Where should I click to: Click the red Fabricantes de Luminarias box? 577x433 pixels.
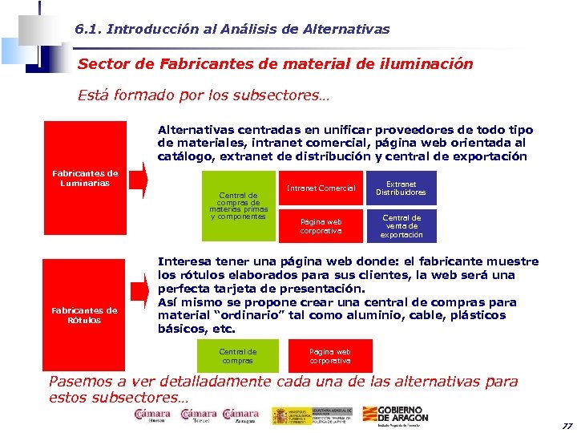85,178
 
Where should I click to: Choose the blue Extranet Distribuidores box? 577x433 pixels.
401,188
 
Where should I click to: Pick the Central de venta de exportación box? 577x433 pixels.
401,226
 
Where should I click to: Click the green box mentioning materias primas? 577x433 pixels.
238,205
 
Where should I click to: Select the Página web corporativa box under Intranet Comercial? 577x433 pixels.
320,226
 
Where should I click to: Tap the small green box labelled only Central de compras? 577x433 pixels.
238,356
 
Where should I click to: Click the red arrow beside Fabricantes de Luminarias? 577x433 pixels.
139,184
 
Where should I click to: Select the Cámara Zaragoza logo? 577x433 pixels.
240,415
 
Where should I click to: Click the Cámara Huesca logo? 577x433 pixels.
152,415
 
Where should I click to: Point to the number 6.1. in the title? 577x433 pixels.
87,29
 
